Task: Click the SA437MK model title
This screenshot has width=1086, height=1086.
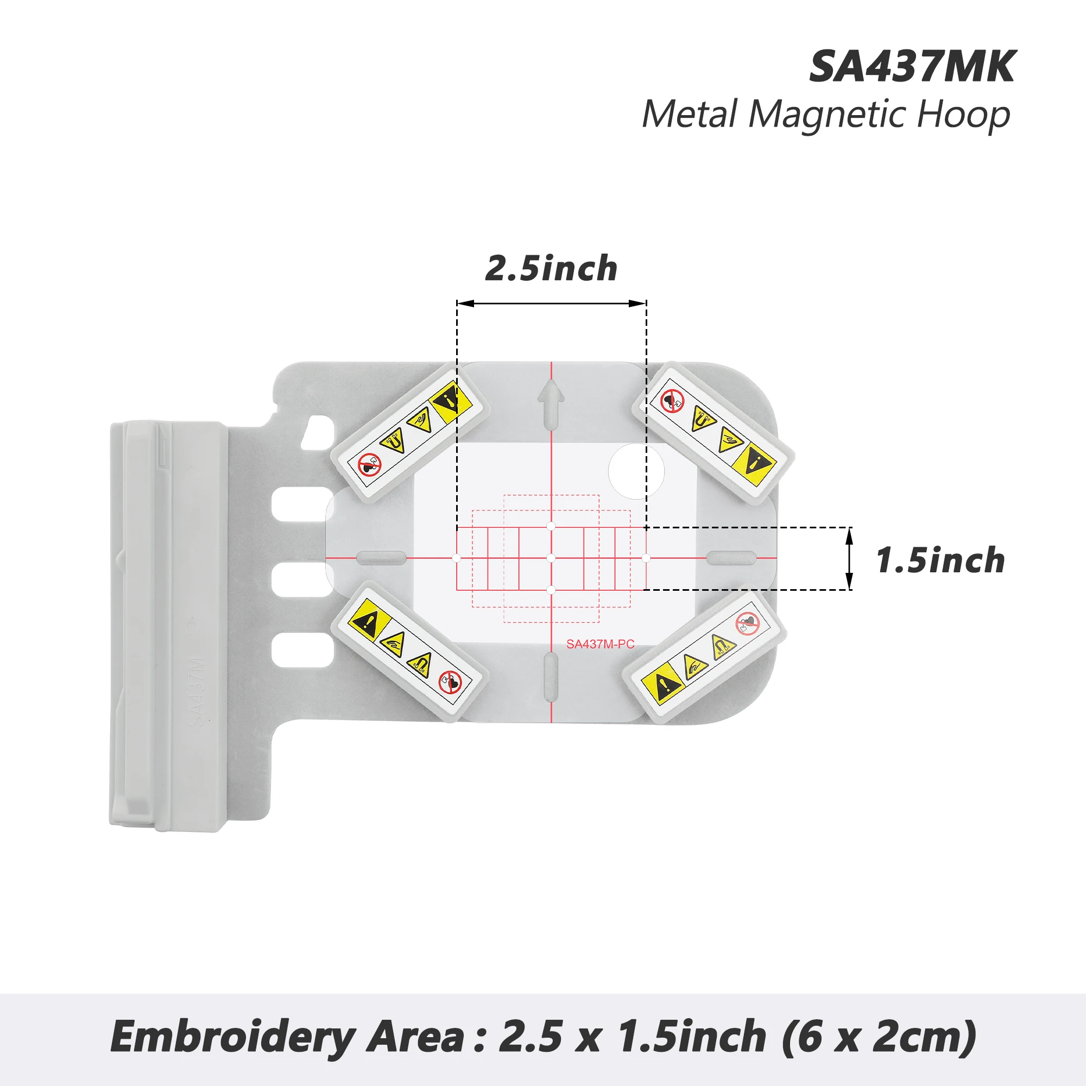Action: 912,67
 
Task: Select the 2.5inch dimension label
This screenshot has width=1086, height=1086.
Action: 552,268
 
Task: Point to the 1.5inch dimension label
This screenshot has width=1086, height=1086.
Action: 940,560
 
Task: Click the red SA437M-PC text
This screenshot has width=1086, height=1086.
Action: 601,644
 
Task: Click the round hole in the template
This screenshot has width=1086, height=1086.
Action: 636,471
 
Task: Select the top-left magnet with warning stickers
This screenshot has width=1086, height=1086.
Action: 409,432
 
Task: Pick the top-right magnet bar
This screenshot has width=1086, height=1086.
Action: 713,432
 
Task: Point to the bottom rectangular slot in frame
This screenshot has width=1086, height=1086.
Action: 302,650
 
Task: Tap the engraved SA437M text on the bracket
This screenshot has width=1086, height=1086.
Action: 196,691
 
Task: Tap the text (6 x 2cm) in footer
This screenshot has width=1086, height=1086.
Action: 879,1036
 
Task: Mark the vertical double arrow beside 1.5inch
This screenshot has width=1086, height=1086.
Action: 850,558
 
